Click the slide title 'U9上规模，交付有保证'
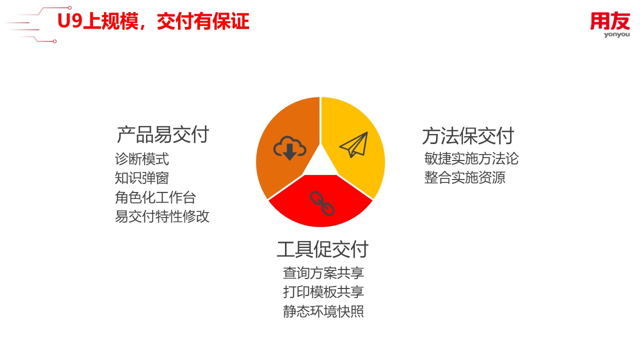pos(153,21)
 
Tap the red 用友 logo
pos(610,21)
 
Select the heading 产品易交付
pos(163,134)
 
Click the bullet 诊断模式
pos(141,159)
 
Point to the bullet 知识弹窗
pos(141,178)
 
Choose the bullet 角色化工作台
pos(155,197)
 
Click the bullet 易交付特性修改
pos(162,216)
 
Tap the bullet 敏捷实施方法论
pos(471,158)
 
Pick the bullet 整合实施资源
pos(465,177)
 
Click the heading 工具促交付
pos(322,249)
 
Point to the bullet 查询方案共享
pos(323,273)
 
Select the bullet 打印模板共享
pos(323,292)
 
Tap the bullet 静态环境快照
pos(323,311)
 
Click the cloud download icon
pos(289,148)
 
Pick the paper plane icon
pos(353,144)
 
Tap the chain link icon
pos(322,203)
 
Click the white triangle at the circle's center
pos(320,163)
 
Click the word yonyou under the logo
pos(617,35)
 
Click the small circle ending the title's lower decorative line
pos(55,41)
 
